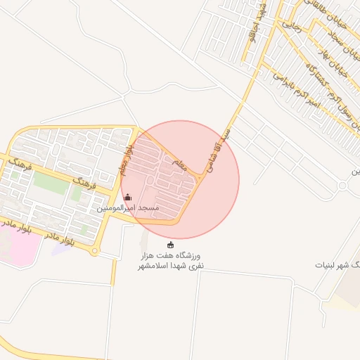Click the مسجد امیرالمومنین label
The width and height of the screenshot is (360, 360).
coord(128,209)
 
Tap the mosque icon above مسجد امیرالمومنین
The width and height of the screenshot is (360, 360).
coord(127,198)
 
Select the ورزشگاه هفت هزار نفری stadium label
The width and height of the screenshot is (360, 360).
coord(169,261)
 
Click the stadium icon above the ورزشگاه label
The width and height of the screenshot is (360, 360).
coord(169,244)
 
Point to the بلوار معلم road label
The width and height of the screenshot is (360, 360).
coord(124,162)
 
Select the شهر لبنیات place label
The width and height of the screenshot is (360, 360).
coord(338,265)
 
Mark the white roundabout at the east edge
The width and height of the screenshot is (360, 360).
coord(342,186)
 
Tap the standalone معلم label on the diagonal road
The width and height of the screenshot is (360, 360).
coord(179,166)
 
